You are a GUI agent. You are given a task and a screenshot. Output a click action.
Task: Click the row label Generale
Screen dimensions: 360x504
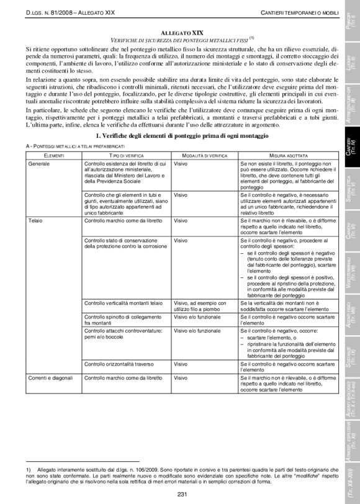(39, 163)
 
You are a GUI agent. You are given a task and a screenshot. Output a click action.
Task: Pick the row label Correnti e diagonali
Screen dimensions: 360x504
(50, 378)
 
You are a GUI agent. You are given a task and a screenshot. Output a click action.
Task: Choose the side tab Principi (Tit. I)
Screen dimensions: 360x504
(348, 17)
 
